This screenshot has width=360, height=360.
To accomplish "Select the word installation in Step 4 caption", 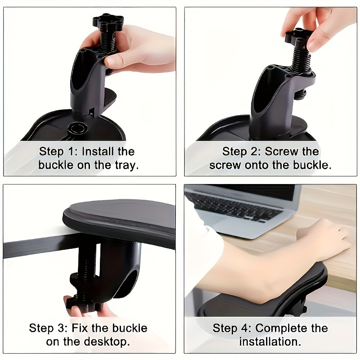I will pos(270,342).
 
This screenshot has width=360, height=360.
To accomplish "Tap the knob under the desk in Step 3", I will pos(83,304).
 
